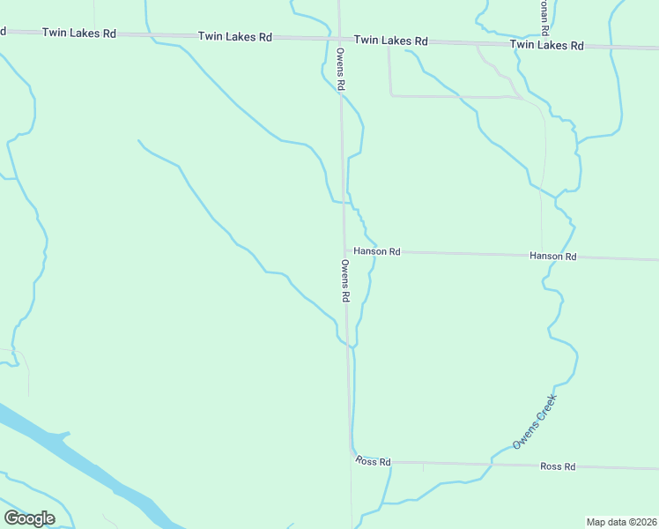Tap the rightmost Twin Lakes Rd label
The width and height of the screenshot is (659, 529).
[546, 45]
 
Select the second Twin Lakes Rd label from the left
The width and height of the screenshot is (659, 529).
[234, 37]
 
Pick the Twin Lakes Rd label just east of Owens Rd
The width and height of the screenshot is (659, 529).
[390, 41]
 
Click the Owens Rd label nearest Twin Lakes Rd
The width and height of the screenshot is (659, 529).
[339, 70]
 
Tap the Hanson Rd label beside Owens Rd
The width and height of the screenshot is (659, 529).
[377, 251]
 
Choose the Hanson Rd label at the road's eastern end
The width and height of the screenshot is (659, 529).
[552, 256]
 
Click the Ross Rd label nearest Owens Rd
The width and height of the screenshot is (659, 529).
[373, 461]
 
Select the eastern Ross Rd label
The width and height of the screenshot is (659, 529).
[557, 466]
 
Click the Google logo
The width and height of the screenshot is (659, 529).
[29, 518]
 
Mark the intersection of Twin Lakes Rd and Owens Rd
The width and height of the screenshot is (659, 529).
[340, 39]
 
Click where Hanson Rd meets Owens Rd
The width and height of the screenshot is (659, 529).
[345, 251]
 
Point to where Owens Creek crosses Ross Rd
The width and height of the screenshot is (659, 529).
[492, 463]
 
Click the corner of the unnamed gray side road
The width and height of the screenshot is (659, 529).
[390, 95]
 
